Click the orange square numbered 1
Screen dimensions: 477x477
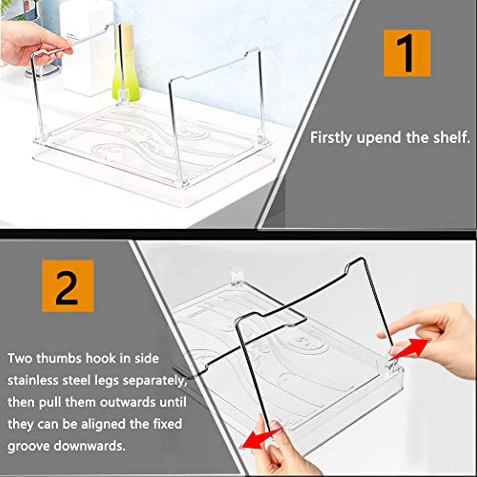coord(407,53)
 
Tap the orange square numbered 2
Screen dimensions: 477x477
coord(68,286)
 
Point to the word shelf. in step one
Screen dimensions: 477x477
coord(452,137)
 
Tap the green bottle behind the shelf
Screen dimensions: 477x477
coord(126,62)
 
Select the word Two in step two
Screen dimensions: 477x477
coord(19,358)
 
